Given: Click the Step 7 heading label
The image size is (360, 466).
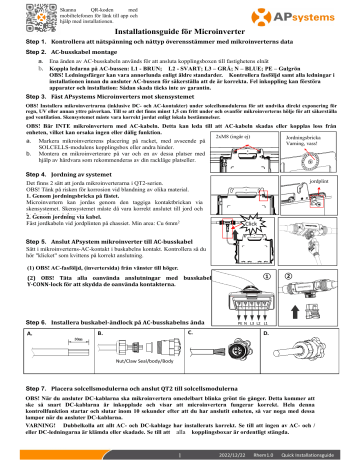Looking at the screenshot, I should click(23, 385).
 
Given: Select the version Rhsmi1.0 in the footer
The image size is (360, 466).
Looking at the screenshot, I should click(267, 456).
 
